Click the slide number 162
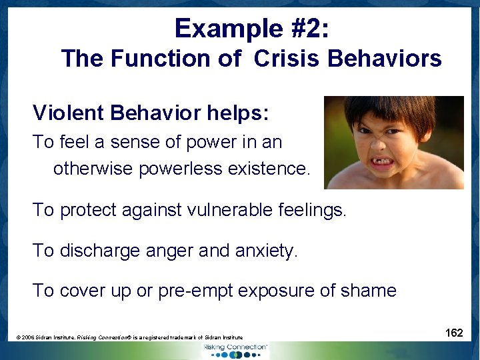click(x=454, y=332)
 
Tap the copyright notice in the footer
click(x=129, y=338)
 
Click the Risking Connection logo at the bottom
click(x=236, y=350)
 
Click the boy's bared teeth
click(x=383, y=161)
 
